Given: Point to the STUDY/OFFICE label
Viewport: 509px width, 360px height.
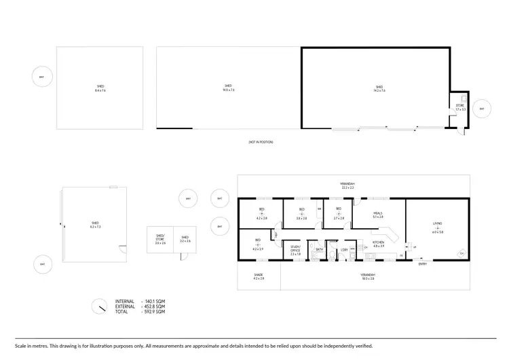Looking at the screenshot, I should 295,249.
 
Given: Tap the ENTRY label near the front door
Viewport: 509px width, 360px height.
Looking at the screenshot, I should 423,264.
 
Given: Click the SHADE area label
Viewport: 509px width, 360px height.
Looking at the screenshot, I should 258,275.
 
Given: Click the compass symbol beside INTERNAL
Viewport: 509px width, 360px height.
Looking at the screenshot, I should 100,306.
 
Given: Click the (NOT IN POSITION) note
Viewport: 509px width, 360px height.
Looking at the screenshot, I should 260,142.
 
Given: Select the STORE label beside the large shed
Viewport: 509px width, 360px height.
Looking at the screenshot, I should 458,105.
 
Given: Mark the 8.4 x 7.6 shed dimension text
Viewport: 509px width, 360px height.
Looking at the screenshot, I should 100,90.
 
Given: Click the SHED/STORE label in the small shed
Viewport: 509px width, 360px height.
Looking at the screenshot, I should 160,237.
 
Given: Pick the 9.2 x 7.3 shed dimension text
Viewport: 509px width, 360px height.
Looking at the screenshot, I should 95,226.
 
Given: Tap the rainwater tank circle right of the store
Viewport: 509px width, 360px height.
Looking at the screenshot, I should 483,109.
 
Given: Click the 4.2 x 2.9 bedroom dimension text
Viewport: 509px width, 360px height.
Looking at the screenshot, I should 258,250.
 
